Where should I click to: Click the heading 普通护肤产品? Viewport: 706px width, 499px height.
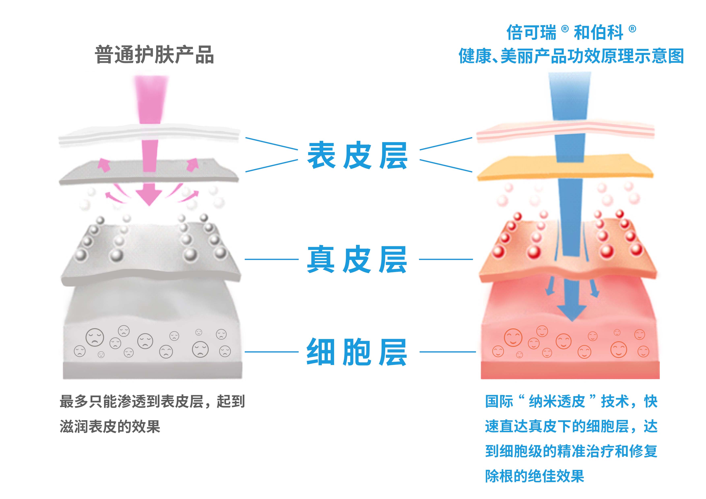[154, 55]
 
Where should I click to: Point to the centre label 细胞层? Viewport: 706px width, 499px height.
[357, 352]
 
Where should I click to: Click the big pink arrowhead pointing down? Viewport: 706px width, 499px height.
[149, 197]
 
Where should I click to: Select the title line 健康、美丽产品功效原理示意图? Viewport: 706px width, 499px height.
[571, 56]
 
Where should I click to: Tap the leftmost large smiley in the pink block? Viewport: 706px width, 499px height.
[513, 337]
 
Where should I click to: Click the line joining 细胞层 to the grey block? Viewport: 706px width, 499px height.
[271, 352]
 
